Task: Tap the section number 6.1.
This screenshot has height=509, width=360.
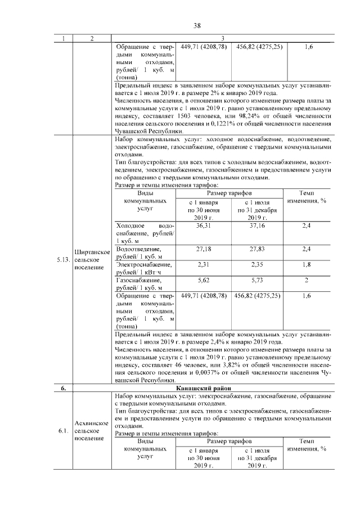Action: (x=62, y=431)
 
